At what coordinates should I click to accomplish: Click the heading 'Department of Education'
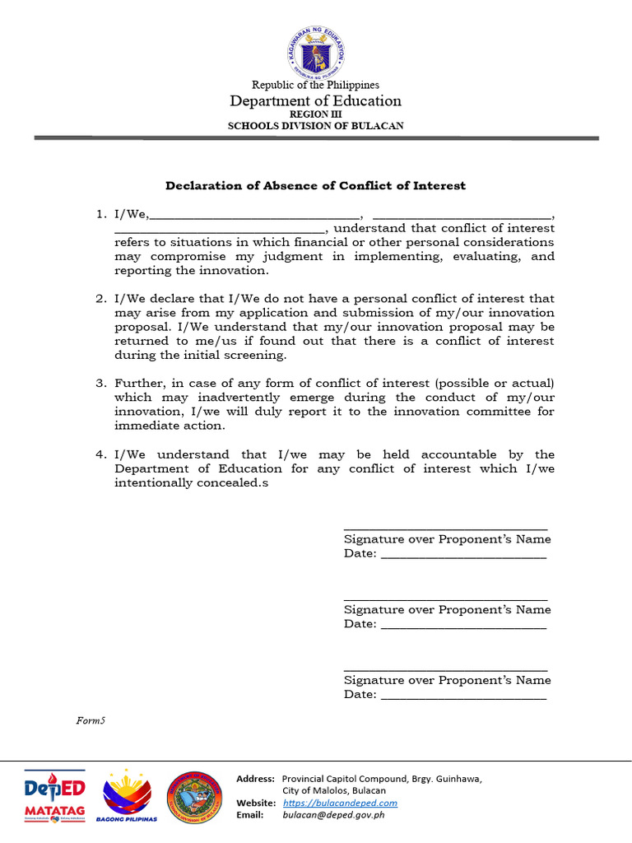[x=316, y=101]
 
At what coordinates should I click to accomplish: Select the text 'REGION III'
[x=316, y=114]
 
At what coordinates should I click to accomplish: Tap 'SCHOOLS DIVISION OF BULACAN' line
[x=316, y=126]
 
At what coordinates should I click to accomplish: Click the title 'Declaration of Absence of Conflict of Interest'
[x=316, y=186]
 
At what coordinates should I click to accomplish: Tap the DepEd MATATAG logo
[x=54, y=796]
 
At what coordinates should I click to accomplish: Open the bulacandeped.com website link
[x=340, y=803]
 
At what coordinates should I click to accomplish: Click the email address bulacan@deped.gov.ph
[x=333, y=815]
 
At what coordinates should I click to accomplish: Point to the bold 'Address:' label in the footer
[x=255, y=779]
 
